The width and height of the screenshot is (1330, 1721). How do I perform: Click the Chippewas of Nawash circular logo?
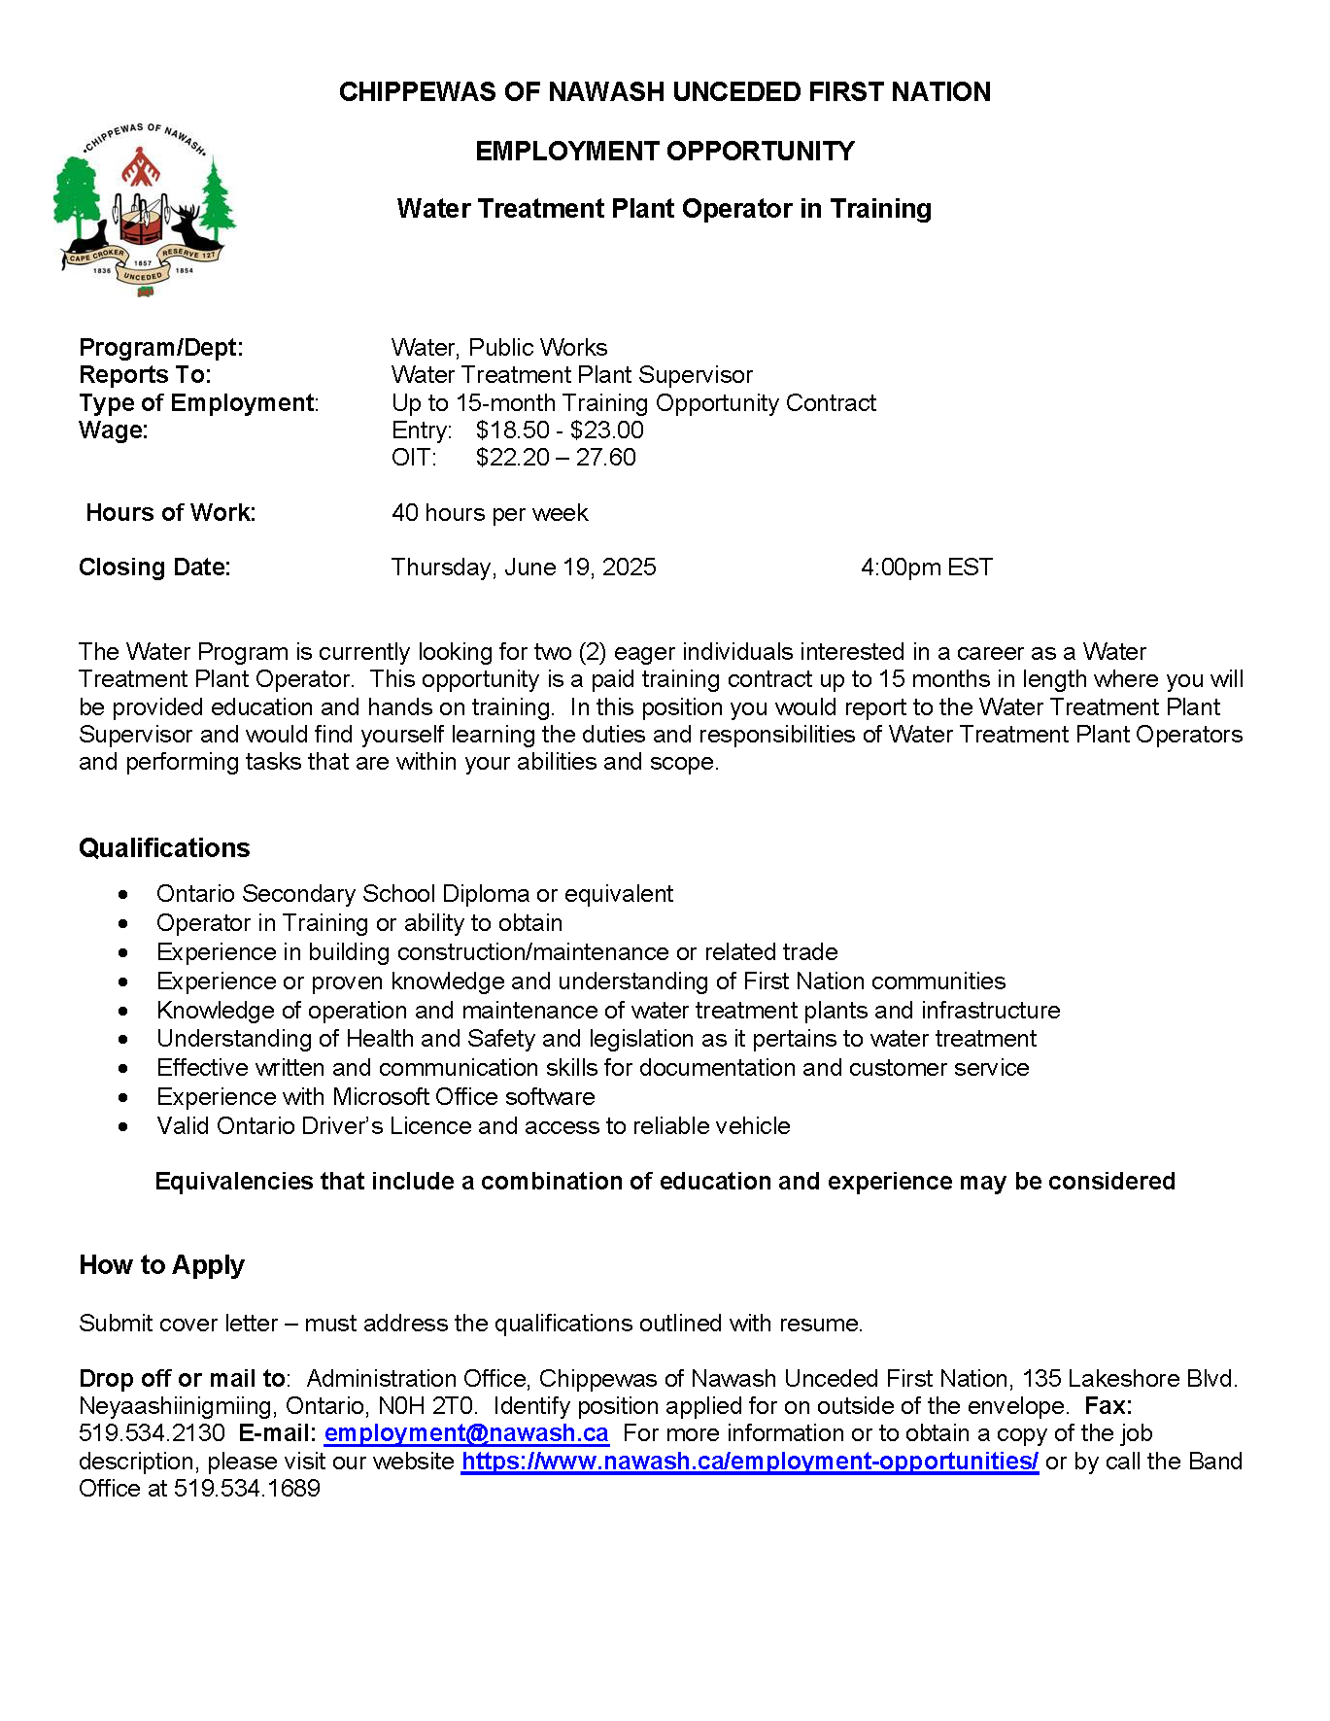(144, 208)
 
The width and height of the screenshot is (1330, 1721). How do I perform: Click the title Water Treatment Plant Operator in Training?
(664, 209)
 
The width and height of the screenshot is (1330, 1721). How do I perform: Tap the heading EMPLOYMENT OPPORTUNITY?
(665, 152)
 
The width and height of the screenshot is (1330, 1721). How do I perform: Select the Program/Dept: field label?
(161, 348)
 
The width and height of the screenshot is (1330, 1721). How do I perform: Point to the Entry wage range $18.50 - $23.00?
(560, 430)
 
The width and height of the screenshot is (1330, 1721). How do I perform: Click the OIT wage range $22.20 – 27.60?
(556, 458)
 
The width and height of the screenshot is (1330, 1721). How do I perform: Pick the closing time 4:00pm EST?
(926, 568)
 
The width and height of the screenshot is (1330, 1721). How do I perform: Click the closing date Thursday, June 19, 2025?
(524, 568)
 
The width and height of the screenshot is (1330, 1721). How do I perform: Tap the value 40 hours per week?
(490, 513)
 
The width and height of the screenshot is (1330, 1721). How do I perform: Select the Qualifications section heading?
(164, 848)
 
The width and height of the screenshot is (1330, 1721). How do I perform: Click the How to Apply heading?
(161, 1265)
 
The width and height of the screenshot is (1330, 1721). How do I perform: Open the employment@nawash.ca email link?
(466, 1433)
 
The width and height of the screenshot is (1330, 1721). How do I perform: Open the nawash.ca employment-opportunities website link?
(750, 1462)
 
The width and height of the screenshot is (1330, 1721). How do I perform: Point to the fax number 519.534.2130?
(152, 1433)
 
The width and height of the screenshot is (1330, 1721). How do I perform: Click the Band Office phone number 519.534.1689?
(247, 1489)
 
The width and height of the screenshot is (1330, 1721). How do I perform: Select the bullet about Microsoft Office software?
(376, 1097)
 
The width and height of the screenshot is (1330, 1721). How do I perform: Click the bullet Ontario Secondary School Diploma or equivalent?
(415, 894)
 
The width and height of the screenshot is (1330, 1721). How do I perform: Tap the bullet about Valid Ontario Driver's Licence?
(473, 1126)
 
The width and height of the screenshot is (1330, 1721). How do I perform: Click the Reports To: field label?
(145, 375)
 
